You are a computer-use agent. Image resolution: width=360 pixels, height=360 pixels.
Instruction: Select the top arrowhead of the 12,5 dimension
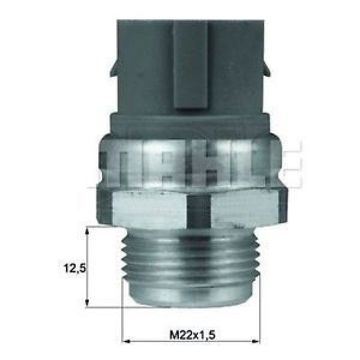point(89,232)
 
